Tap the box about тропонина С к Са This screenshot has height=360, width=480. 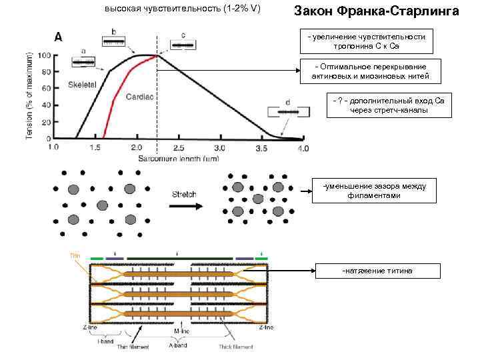[366, 41]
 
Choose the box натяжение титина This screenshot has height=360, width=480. [377, 271]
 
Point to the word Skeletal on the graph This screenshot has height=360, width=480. [83, 86]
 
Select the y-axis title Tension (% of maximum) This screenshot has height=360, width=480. [29, 93]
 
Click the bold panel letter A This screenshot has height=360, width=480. [59, 38]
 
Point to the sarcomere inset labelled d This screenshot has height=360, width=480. [287, 112]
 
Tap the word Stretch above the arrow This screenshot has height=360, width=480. [184, 195]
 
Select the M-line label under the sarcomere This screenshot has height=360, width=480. [181, 331]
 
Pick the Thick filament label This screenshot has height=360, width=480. [236, 346]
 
